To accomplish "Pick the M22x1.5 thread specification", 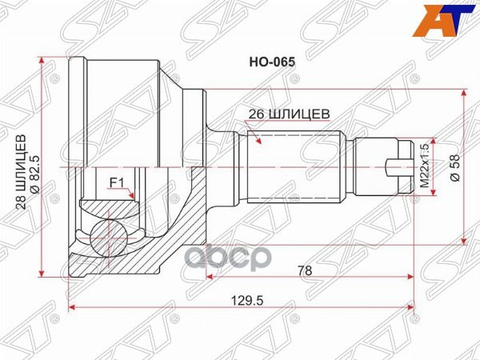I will coord(426,166).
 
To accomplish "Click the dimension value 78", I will coord(305,270).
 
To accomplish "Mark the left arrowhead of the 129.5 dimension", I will coord(73,306).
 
